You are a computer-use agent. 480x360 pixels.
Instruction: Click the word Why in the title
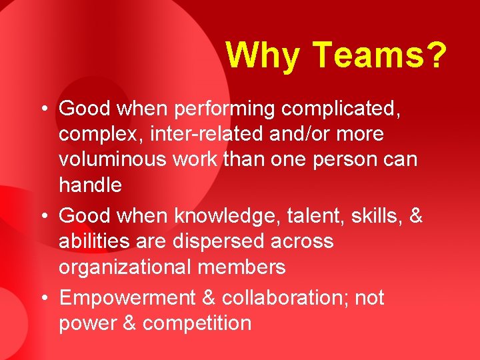(263, 55)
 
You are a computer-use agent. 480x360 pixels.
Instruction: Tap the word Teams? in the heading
(379, 55)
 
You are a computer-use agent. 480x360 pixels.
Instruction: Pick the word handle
(90, 185)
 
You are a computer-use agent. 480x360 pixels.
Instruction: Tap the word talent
(306, 216)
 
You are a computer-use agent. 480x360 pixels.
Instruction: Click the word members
(244, 267)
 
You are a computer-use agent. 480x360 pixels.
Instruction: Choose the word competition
(197, 323)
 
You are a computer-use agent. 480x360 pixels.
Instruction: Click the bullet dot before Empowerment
(44, 298)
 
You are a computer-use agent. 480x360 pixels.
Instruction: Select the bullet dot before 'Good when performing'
(44, 108)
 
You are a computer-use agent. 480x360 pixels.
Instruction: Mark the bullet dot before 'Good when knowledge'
(44, 216)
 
